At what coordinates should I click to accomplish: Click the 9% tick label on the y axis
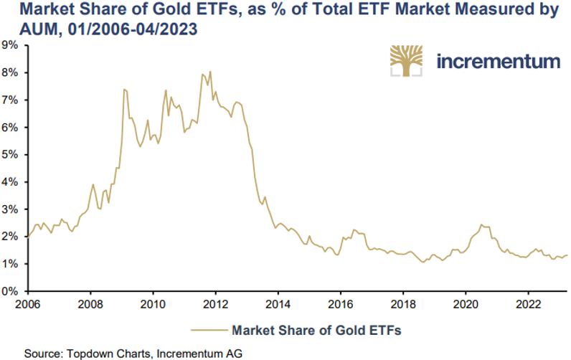(x=12, y=44)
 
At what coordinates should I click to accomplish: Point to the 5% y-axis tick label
(x=12, y=154)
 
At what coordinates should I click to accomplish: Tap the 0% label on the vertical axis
(x=12, y=291)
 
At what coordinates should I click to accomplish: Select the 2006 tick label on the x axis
(x=27, y=303)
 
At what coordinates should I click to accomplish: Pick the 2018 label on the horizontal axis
(x=403, y=303)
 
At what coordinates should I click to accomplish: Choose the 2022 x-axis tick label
(x=528, y=303)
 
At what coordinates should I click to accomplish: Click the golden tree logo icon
(x=407, y=60)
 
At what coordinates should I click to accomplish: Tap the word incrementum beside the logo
(x=498, y=60)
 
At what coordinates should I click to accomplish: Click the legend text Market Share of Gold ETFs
(x=316, y=331)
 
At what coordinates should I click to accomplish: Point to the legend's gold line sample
(x=209, y=331)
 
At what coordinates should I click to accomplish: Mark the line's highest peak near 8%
(x=210, y=71)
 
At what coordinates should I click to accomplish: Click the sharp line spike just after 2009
(x=124, y=90)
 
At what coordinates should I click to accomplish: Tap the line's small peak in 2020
(x=481, y=224)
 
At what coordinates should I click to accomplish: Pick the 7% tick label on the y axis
(x=12, y=100)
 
